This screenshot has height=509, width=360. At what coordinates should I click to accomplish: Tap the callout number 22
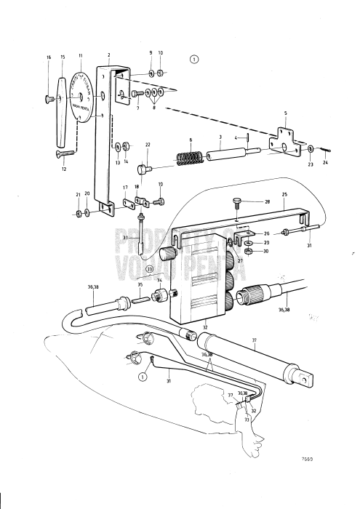tap(148, 145)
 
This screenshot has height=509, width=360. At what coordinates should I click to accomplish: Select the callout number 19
tap(160, 185)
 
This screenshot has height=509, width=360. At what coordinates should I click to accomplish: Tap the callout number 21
tap(78, 195)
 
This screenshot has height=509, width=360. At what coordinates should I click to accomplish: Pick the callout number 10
tap(161, 53)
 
